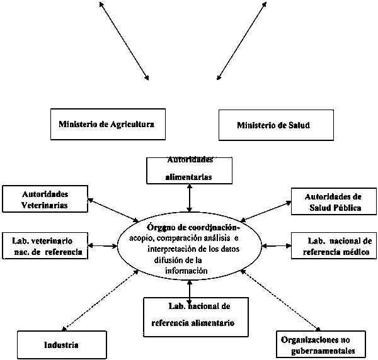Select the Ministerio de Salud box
pos(273,125)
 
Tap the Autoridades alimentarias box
pos(189,169)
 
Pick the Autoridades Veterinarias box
pos(45,198)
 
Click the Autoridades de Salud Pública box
pos(333,202)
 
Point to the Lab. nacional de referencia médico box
pos(334,246)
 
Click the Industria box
pos(61,345)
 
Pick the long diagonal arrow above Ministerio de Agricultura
pos(124,41)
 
